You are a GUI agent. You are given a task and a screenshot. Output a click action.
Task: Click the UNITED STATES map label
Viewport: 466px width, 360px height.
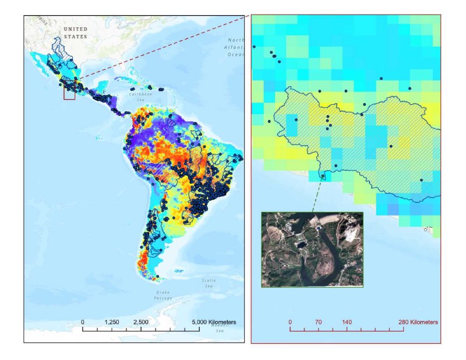[x=75, y=33]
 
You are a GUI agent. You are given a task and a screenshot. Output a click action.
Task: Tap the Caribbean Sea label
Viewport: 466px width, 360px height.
[x=140, y=96]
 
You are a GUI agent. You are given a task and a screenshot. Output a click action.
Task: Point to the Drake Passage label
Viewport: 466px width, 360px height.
[x=163, y=295]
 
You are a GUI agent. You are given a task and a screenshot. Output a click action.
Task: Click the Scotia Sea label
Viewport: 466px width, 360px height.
[x=209, y=283]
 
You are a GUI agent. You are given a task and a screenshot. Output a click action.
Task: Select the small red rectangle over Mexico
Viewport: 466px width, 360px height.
[x=69, y=93]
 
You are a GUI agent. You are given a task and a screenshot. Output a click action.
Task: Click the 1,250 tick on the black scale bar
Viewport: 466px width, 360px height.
[x=112, y=329]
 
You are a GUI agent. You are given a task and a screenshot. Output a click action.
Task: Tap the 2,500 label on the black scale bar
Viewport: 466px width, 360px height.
[x=140, y=322]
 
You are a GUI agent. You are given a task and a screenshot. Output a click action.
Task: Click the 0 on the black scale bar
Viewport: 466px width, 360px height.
[x=83, y=322]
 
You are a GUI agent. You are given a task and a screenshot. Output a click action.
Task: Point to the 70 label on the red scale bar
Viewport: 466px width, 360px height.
[x=318, y=322]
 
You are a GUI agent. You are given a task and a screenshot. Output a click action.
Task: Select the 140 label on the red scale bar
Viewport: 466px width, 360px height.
[x=347, y=322]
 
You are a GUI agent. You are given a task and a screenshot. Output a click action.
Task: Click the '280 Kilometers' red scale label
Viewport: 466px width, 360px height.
[x=418, y=322]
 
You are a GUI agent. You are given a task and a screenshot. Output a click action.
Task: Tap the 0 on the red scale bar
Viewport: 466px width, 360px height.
[x=290, y=322]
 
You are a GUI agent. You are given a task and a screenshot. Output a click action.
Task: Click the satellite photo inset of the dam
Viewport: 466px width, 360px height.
[x=312, y=249]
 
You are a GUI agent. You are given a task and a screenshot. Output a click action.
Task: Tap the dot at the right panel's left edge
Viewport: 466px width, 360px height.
[x=254, y=47]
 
